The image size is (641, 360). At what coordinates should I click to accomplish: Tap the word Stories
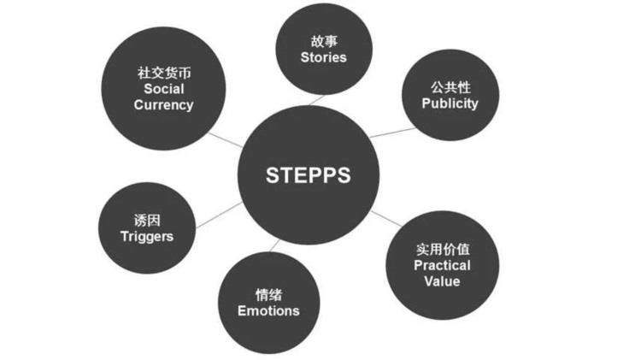coord(323,58)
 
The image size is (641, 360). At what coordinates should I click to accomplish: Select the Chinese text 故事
coord(323,41)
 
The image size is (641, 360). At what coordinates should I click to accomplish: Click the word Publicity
coord(450,103)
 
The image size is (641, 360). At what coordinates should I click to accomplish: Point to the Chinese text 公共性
coord(450,87)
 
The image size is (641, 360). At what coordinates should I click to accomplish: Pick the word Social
coord(164,89)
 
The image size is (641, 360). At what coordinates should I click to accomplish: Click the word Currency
coord(164,105)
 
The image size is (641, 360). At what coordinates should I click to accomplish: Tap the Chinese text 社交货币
coord(164,73)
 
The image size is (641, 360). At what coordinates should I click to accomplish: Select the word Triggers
coord(146,236)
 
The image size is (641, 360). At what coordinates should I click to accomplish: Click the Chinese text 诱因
coord(146,220)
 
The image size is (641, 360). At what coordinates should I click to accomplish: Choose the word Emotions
coord(268,310)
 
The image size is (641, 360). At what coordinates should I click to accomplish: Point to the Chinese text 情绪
coord(268,294)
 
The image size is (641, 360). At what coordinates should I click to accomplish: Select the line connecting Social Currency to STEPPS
coord(229,139)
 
